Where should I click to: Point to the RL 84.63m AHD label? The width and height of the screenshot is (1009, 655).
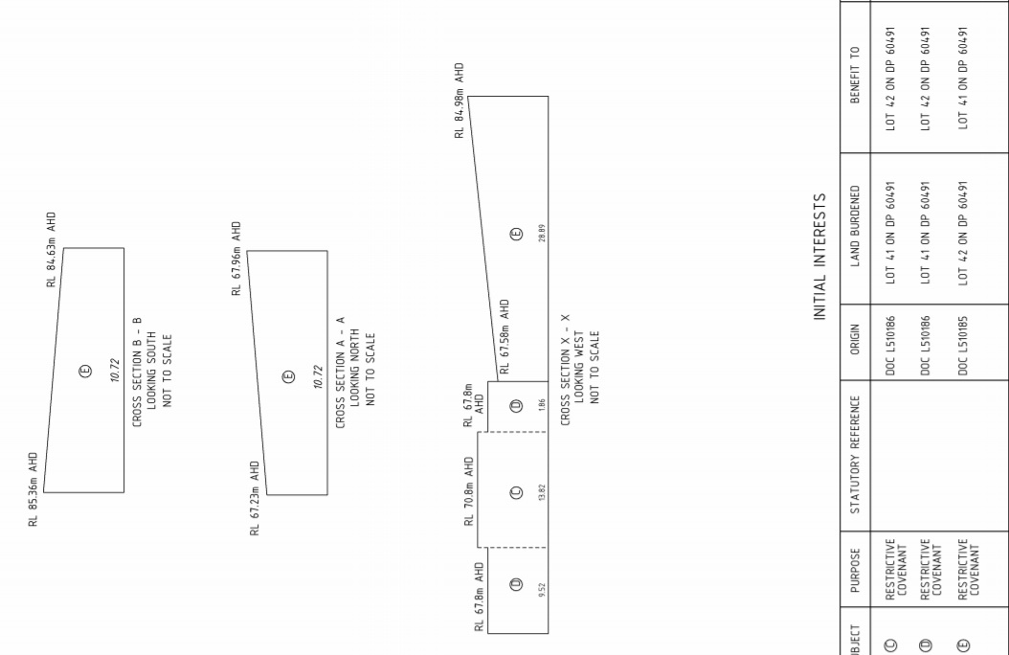tap(51, 250)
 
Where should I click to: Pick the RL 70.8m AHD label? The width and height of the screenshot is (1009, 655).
tap(469, 492)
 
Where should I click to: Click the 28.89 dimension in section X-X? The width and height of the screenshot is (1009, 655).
tap(542, 233)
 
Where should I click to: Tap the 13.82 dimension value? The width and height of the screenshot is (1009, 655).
tap(542, 492)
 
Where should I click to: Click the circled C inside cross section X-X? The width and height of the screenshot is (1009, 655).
tap(517, 492)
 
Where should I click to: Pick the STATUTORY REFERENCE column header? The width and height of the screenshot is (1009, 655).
tap(856, 454)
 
